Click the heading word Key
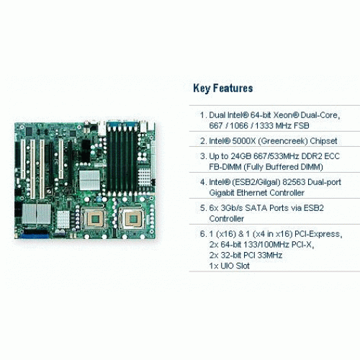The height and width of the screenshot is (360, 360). (x=202, y=89)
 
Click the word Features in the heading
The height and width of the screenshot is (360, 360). (x=233, y=88)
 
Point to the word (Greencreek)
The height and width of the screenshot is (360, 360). (x=283, y=141)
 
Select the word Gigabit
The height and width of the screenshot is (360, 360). (x=222, y=193)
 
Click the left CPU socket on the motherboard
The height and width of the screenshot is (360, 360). (x=94, y=218)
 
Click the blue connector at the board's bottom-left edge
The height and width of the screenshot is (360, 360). (x=35, y=236)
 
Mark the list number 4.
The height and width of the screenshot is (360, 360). (x=203, y=182)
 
